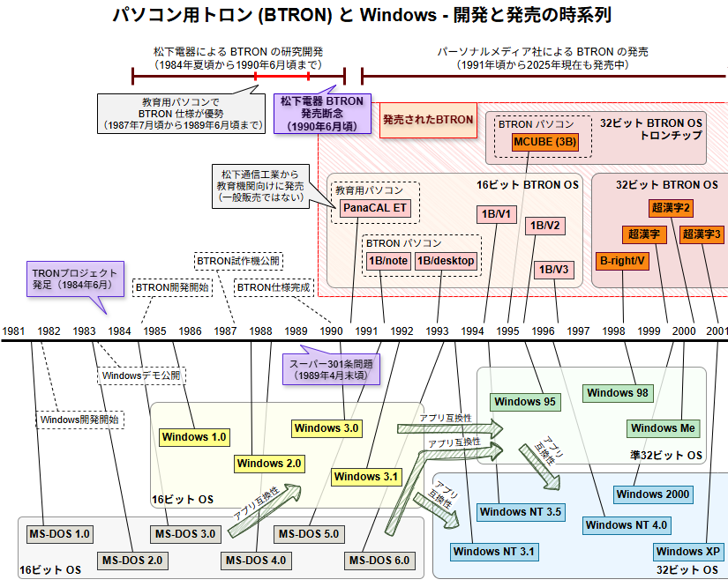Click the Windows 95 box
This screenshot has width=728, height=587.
click(x=525, y=402)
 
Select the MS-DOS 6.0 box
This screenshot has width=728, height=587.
click(x=379, y=561)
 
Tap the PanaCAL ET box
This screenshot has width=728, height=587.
click(x=376, y=208)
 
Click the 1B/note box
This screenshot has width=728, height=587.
click(x=388, y=260)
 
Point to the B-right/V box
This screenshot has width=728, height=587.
click(x=623, y=260)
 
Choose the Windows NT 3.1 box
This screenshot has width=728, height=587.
click(x=494, y=552)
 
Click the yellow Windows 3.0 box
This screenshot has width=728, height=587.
click(x=326, y=428)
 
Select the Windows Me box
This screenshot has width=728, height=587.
click(x=664, y=428)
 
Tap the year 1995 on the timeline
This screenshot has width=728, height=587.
click(x=507, y=331)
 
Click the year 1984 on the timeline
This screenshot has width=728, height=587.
click(x=120, y=331)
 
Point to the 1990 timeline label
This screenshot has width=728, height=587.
click(x=332, y=331)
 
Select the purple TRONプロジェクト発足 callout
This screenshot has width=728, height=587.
click(x=74, y=280)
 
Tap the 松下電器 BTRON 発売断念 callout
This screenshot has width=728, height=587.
click(x=322, y=114)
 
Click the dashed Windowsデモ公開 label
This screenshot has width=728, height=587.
click(x=141, y=375)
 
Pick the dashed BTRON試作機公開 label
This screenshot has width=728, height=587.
click(x=237, y=261)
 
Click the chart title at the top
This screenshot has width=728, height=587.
click(x=363, y=15)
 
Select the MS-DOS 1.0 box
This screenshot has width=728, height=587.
click(x=59, y=533)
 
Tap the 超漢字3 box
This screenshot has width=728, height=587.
click(x=702, y=234)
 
